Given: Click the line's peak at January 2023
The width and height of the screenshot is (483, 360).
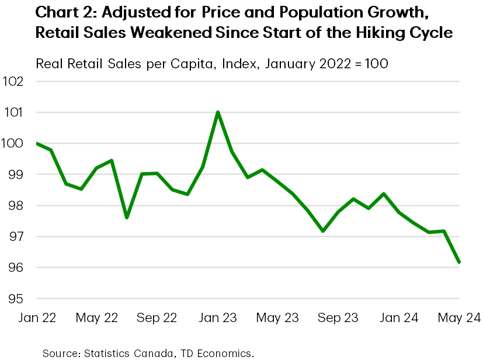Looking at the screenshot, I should (x=218, y=112).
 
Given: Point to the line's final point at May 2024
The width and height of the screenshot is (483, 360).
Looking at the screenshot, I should (x=459, y=262).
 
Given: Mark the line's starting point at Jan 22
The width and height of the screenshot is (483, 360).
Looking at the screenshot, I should (x=36, y=143).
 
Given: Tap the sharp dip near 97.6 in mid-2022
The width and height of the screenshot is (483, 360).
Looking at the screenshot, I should (x=127, y=218).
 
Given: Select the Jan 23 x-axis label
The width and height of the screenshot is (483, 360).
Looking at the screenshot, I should (x=218, y=318).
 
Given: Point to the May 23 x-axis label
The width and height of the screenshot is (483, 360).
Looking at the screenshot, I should (x=278, y=318).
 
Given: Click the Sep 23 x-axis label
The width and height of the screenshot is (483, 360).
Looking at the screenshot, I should (x=339, y=318).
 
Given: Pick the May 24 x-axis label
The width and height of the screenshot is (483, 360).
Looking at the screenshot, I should (x=459, y=318).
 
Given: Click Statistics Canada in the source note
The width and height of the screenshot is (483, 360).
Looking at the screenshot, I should (x=121, y=353).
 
